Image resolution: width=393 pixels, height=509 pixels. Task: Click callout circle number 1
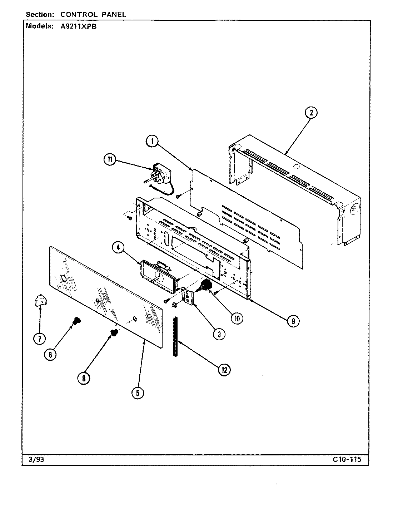[x=153, y=141]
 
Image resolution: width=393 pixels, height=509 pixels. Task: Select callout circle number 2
[x=311, y=113]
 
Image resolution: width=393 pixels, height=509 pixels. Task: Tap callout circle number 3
[x=219, y=334]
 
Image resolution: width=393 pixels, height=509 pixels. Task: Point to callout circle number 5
[x=138, y=393]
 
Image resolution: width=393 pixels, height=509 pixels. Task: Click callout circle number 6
[x=50, y=354]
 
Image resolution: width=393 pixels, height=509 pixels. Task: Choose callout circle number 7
[x=39, y=338]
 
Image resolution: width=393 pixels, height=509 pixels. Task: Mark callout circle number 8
[x=84, y=379]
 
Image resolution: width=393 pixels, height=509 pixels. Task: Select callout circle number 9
[x=293, y=321]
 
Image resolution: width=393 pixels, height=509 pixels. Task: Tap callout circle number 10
[x=237, y=317]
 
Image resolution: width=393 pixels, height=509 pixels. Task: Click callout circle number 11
[x=110, y=160]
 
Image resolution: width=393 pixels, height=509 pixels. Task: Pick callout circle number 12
[x=224, y=370]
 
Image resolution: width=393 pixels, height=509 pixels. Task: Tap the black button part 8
[x=114, y=333]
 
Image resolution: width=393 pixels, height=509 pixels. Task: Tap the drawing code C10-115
[x=347, y=459]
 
